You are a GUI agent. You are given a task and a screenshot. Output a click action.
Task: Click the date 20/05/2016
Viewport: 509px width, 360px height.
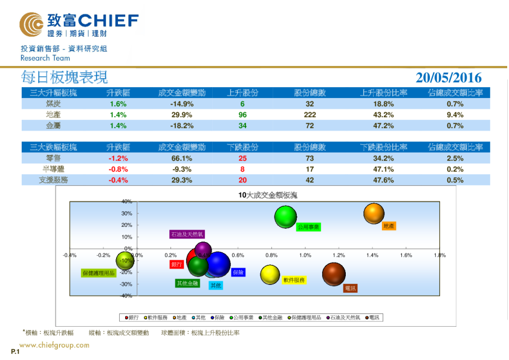[x=449, y=77]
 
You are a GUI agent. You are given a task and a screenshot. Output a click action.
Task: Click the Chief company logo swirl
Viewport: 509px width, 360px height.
[x=31, y=24]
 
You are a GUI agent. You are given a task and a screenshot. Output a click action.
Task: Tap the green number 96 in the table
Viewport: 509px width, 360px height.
[x=242, y=115]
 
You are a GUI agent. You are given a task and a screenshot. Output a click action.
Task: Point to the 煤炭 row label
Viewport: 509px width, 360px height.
[x=53, y=104]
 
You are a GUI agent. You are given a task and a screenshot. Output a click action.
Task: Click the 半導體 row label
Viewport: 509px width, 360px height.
[x=53, y=169]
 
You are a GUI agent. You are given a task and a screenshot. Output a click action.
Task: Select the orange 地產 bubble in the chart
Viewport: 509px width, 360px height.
[x=374, y=213]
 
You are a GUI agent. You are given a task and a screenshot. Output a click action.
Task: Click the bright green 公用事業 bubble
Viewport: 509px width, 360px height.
[x=287, y=216]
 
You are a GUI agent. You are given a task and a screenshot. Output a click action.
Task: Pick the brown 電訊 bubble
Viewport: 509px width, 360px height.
[x=334, y=274]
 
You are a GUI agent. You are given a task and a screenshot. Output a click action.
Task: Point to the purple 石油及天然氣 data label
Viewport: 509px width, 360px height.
[x=187, y=234]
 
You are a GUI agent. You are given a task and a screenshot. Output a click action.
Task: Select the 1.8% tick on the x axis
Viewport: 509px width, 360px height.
[x=439, y=255]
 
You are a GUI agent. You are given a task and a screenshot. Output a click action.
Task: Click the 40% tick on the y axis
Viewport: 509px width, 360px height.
[x=126, y=201]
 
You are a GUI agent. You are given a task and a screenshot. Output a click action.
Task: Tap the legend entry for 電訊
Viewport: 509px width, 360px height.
[x=374, y=317]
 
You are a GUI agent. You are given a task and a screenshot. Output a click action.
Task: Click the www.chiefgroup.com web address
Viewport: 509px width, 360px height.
[x=54, y=345]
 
